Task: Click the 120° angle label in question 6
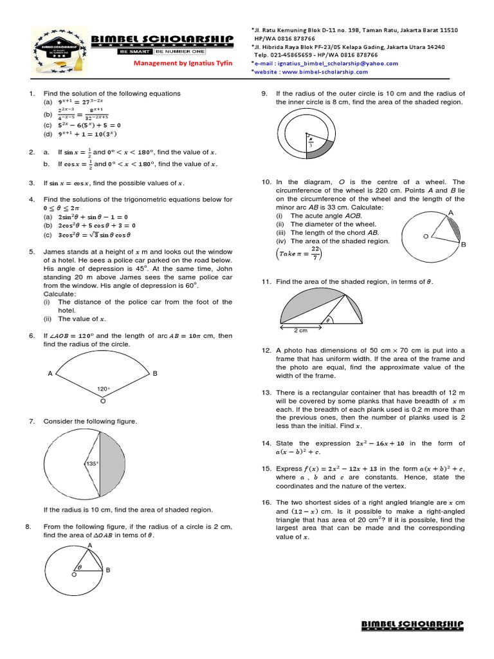click(104, 389)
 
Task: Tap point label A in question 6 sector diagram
click(50, 373)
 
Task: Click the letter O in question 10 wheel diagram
click(425, 237)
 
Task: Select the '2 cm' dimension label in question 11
click(301, 330)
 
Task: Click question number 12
click(266, 350)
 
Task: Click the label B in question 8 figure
click(108, 570)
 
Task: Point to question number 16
click(266, 502)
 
